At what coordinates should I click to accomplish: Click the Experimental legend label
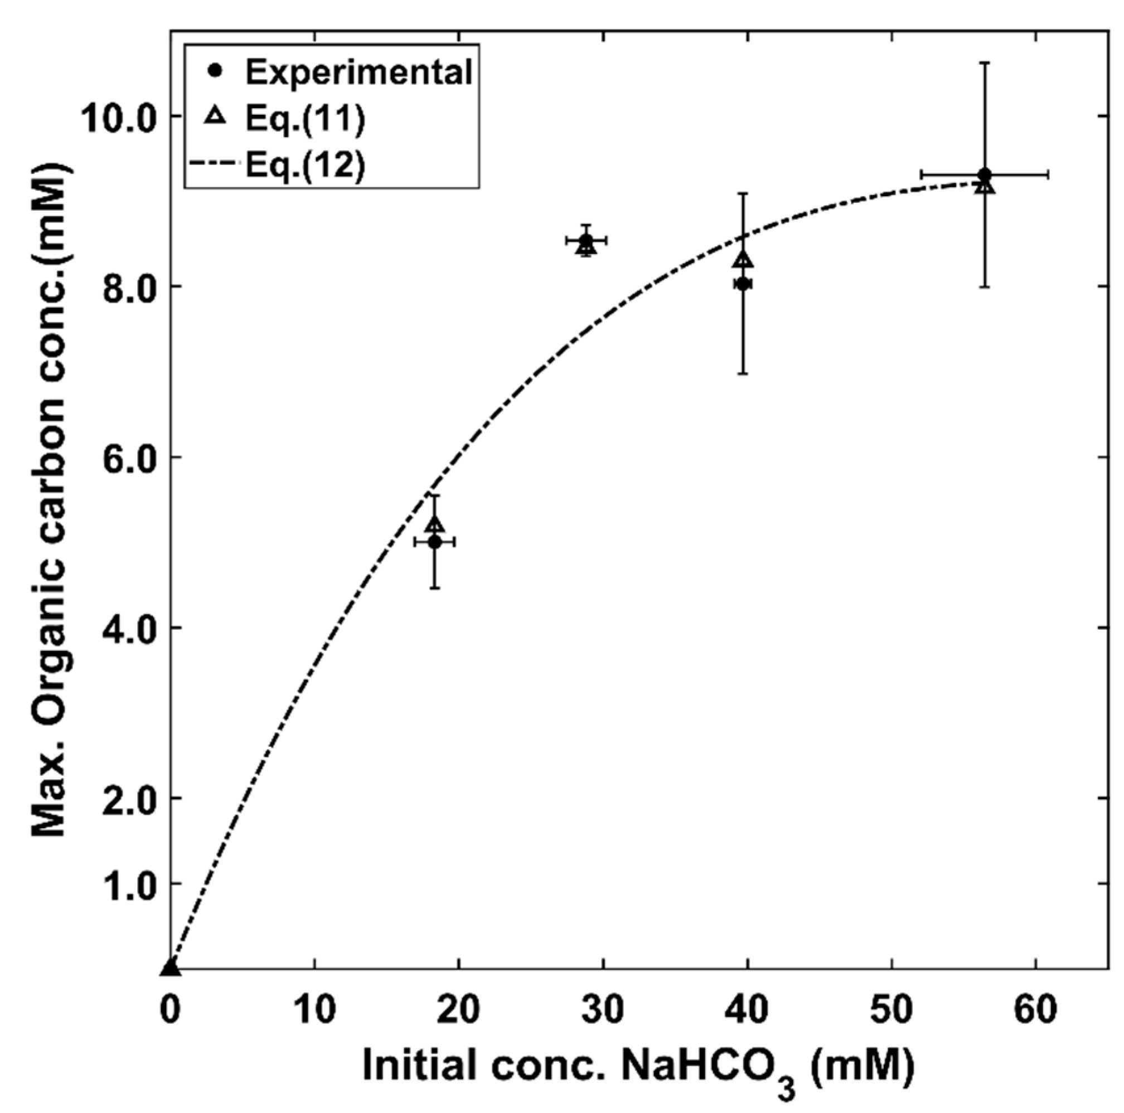(358, 72)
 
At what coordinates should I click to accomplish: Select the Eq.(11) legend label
(305, 119)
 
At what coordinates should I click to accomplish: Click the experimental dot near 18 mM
(434, 542)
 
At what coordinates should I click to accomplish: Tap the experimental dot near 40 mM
(742, 284)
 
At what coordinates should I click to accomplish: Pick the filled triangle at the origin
(170, 968)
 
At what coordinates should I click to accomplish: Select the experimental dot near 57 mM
(985, 174)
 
